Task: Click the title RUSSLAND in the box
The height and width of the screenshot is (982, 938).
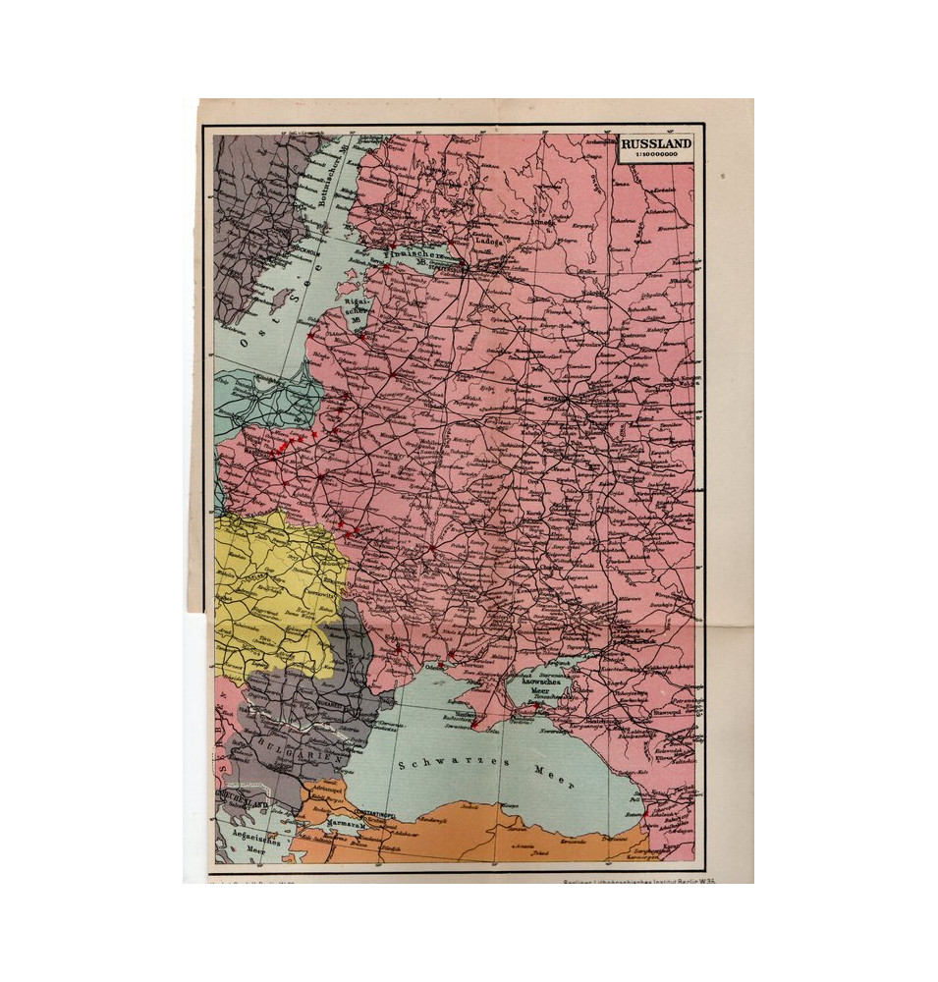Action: click(x=656, y=143)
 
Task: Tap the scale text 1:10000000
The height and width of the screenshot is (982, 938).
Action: click(x=656, y=154)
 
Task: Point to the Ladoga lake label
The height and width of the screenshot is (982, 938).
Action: click(x=488, y=239)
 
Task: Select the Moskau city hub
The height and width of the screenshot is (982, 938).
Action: click(x=562, y=399)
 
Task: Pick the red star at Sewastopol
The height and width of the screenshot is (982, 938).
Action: click(x=474, y=725)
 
